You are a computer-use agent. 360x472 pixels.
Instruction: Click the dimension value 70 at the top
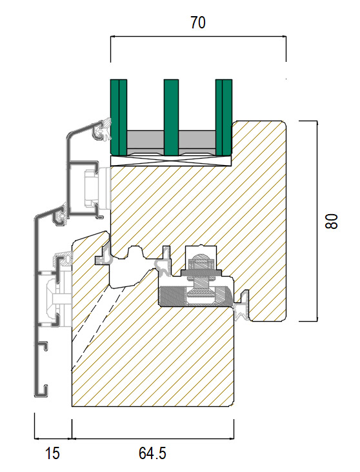198,23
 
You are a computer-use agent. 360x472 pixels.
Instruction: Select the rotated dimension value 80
332,221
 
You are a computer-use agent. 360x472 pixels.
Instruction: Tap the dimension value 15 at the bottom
52,453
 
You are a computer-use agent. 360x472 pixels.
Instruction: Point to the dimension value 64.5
152,453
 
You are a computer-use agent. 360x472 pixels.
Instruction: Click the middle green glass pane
171,117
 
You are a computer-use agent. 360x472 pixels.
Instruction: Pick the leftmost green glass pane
119,117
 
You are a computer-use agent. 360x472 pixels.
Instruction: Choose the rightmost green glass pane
224,117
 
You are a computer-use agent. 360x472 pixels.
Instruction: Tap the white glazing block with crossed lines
171,161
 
